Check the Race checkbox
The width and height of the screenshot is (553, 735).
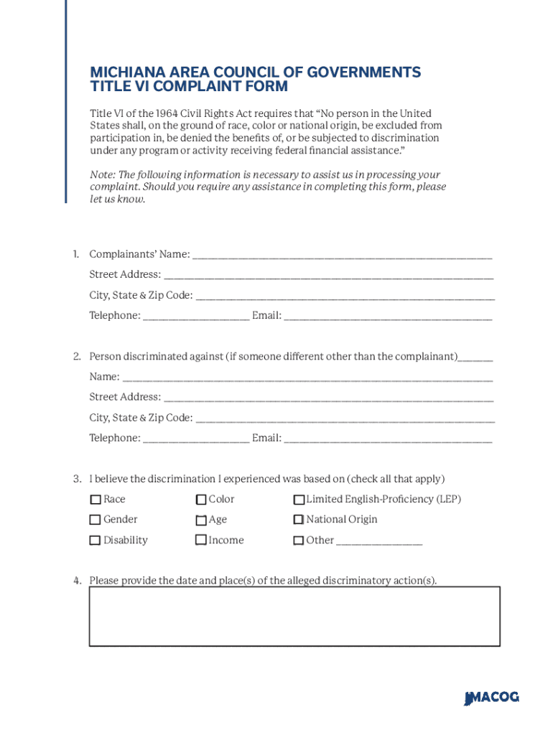coord(95,500)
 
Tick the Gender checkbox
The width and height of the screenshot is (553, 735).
coord(95,520)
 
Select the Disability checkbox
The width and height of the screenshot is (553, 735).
coord(95,540)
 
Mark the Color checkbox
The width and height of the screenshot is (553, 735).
coord(201,500)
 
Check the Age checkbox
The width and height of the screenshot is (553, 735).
coord(201,520)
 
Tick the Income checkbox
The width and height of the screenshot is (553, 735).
coord(201,540)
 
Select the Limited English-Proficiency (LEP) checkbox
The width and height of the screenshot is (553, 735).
coord(299,500)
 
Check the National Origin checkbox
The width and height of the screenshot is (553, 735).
coord(299,520)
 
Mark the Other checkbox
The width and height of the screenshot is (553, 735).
coord(299,540)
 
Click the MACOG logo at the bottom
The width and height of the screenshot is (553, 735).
coord(491,698)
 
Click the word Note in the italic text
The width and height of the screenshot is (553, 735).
coord(101,174)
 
